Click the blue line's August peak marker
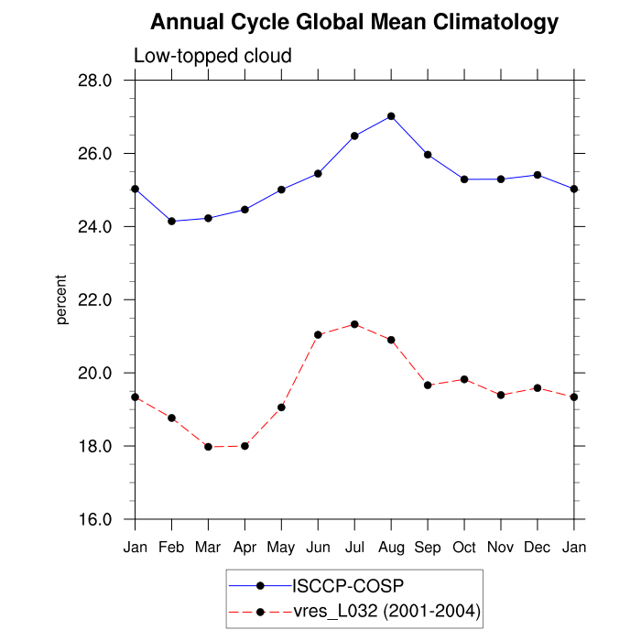click(391, 116)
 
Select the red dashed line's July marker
click(354, 324)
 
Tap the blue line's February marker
click(171, 221)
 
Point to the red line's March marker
click(208, 447)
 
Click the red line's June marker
click(318, 335)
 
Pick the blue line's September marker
click(428, 155)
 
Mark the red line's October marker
click(464, 379)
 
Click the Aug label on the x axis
click(391, 547)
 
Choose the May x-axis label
click(281, 547)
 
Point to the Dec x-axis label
click(538, 547)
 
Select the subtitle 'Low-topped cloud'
click(212, 56)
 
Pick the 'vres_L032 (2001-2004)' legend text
click(386, 611)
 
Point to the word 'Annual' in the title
click(183, 21)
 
